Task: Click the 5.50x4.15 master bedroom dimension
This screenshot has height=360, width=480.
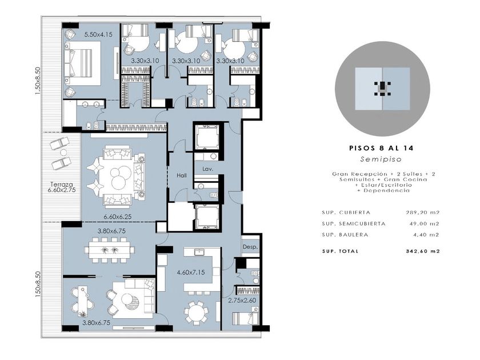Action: (98, 34)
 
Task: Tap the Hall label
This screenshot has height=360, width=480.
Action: (182, 176)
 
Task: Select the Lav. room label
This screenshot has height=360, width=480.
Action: (208, 169)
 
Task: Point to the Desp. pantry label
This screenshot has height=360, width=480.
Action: (250, 247)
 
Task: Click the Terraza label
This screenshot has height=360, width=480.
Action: (62, 185)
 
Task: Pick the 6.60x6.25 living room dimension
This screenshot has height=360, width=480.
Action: (118, 217)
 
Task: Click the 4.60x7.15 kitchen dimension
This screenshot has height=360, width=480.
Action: (191, 272)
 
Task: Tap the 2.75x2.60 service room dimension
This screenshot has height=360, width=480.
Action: (242, 301)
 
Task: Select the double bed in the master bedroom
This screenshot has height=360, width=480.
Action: (83, 63)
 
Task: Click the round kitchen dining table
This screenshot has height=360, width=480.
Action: (195, 313)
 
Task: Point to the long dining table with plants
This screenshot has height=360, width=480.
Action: (110, 250)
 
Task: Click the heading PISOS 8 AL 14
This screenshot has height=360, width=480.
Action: (381, 148)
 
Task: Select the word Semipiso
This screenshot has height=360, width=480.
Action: (381, 159)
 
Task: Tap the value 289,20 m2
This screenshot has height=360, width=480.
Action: (422, 213)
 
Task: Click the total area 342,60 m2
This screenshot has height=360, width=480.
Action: (423, 251)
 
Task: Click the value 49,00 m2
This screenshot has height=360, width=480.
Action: (425, 224)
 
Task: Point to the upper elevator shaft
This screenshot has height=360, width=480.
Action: (207, 137)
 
